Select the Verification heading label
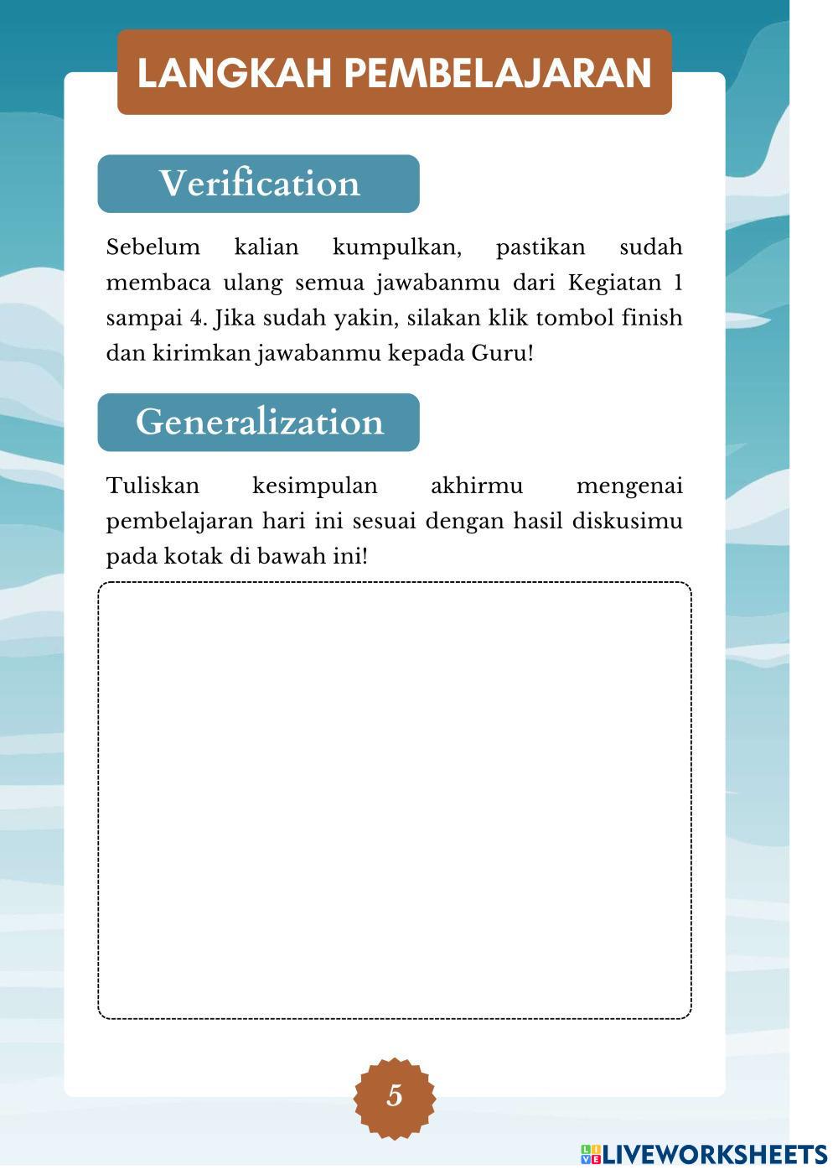pyautogui.click(x=259, y=184)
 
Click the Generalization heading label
pyautogui.click(x=259, y=422)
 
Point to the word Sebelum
pyautogui.click(x=153, y=247)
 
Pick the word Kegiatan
pyautogui.click(x=614, y=283)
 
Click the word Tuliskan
pyautogui.click(x=153, y=486)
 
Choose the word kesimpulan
pyautogui.click(x=314, y=486)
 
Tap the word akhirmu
pyautogui.click(x=476, y=486)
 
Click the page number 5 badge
pyautogui.click(x=394, y=1095)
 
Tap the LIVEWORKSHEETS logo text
pyautogui.click(x=715, y=1155)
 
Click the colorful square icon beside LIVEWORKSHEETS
pyautogui.click(x=591, y=1155)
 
